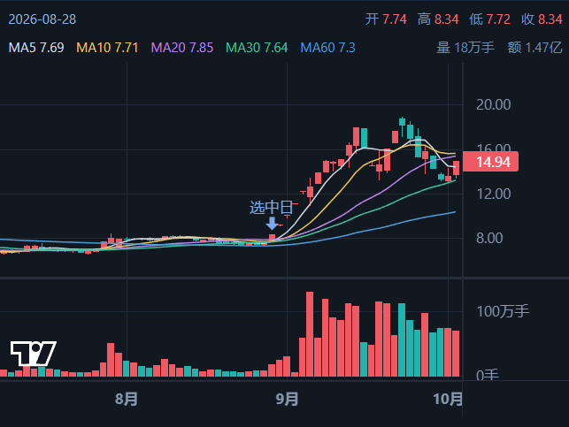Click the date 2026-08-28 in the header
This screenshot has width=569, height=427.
(42, 19)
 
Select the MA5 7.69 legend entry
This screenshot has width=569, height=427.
(36, 48)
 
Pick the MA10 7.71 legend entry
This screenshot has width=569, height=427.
(107, 48)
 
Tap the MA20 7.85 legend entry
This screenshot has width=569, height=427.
(182, 48)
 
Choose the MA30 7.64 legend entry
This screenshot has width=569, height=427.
(257, 48)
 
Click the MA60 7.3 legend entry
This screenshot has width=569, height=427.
(328, 48)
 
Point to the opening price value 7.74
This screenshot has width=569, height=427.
(395, 19)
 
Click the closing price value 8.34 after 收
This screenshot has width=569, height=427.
(550, 19)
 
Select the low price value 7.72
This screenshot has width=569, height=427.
(498, 19)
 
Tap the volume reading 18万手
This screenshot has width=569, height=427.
(474, 48)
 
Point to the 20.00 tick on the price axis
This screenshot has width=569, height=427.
(494, 104)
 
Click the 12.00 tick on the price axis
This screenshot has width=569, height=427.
(494, 194)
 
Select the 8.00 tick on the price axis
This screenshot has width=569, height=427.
(489, 238)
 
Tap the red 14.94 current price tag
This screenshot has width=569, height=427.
(490, 162)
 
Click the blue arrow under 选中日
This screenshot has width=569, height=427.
(272, 224)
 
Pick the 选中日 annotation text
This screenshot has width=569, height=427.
(271, 208)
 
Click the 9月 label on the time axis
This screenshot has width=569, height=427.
(287, 399)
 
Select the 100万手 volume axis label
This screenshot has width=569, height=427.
(503, 311)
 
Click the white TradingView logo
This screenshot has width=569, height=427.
(33, 353)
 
